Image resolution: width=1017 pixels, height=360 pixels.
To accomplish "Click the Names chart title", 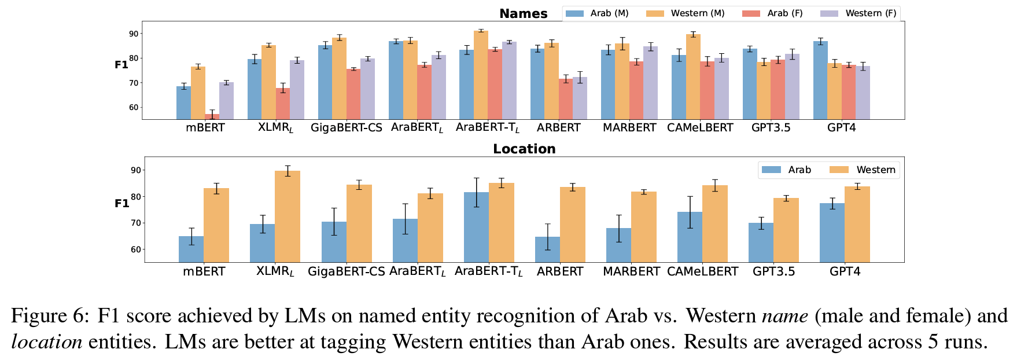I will click(x=523, y=13).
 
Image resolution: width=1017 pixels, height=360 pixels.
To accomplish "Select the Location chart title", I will click(x=524, y=149).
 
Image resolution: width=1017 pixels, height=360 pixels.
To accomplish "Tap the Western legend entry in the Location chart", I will click(x=862, y=170).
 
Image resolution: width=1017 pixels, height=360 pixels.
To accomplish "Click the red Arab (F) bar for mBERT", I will click(x=212, y=116).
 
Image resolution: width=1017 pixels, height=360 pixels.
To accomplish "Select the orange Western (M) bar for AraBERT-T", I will click(x=481, y=75).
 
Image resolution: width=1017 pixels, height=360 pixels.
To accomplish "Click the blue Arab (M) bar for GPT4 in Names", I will click(x=820, y=80).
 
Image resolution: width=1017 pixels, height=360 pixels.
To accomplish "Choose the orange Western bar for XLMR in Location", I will click(x=288, y=216).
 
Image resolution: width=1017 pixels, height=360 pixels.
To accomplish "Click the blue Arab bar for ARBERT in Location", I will click(x=547, y=249).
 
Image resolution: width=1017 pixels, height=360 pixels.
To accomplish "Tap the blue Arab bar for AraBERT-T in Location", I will click(x=476, y=227).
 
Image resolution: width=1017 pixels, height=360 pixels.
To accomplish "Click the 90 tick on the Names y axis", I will click(x=134, y=34).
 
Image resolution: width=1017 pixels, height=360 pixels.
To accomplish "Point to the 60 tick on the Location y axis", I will click(x=136, y=249).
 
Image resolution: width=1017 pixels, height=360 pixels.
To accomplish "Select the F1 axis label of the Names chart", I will click(x=121, y=65).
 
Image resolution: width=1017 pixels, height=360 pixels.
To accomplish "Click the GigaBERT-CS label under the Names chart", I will click(x=347, y=127).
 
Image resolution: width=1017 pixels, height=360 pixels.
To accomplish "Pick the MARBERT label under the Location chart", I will click(x=631, y=271).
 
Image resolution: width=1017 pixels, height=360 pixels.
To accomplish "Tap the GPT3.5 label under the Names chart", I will click(x=771, y=127).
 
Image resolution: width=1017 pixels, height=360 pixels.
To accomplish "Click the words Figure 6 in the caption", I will click(x=50, y=315).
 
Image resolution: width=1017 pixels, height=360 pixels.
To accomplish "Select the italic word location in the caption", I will click(x=46, y=341).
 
